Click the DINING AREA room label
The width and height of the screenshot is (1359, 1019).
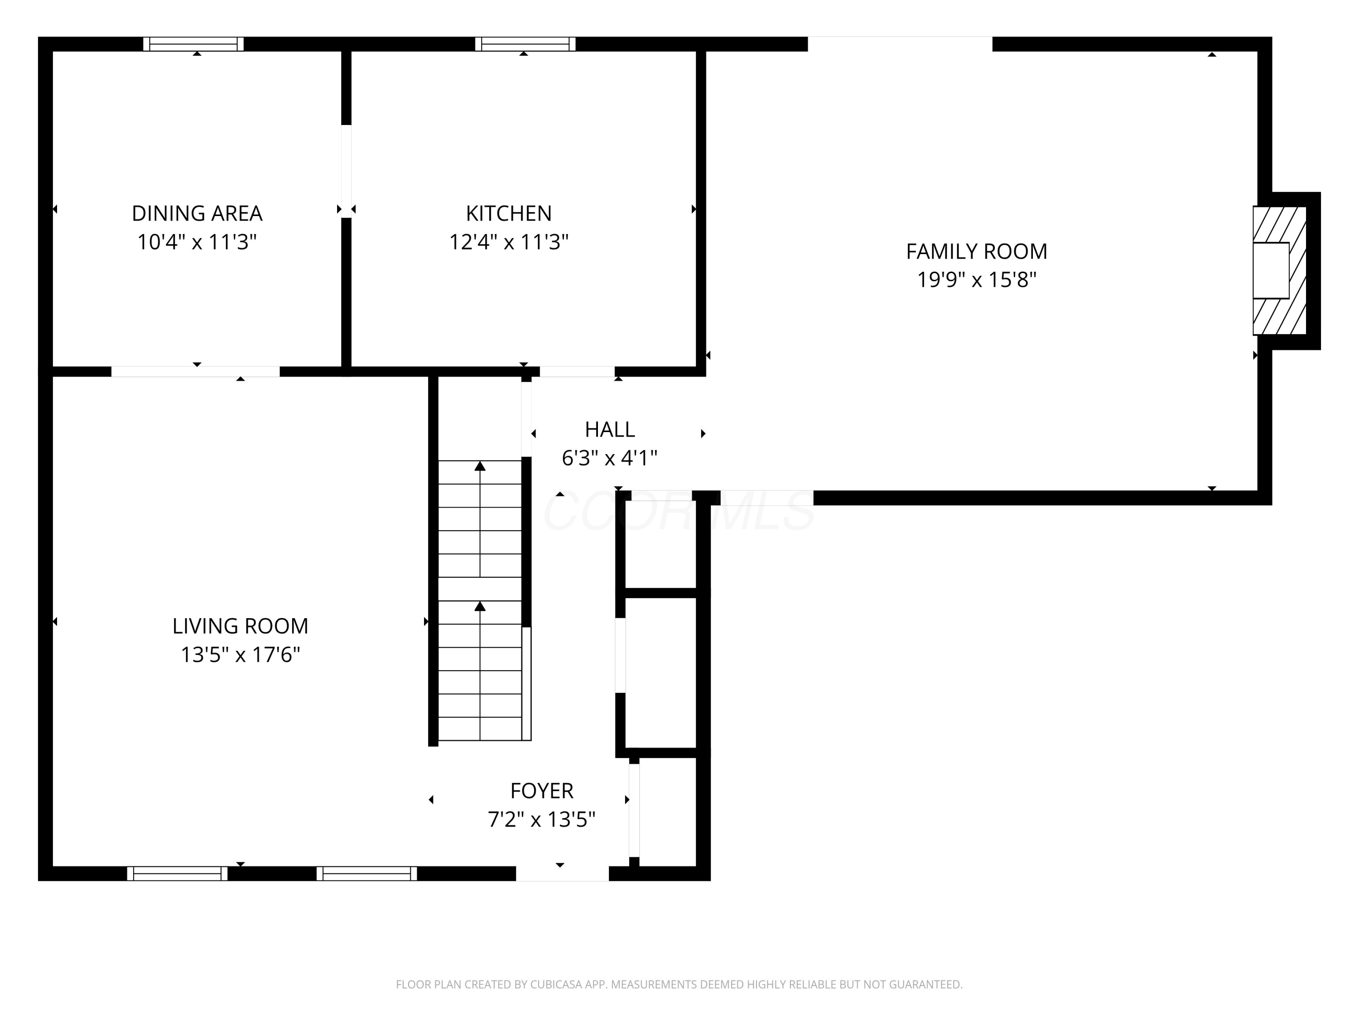coord(197,213)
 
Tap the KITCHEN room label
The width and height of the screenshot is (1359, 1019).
coord(509,213)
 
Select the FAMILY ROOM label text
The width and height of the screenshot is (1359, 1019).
coord(976,251)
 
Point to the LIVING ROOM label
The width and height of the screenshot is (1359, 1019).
coord(240,626)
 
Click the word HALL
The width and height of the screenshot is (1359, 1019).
coord(609,429)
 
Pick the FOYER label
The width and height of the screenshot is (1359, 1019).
coord(541,790)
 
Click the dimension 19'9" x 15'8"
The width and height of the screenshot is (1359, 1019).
coord(976,280)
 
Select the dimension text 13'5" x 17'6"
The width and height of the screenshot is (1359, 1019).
coord(240,655)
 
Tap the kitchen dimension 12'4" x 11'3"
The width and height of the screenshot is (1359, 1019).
coord(509,242)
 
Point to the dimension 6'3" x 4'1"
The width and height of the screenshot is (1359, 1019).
coord(609,458)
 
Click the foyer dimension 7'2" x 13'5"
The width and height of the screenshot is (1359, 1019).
coord(541,819)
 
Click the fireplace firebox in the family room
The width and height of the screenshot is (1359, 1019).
coord(1271,270)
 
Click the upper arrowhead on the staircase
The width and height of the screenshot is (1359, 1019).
coord(480,466)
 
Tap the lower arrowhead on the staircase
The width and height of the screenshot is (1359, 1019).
coord(480,606)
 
